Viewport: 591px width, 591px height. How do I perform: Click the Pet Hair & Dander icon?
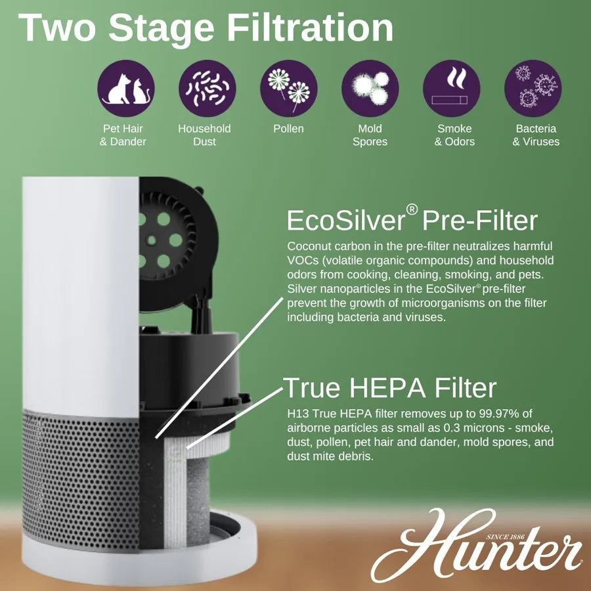coord(126,88)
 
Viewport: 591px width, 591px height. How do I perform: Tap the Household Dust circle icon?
coord(207,88)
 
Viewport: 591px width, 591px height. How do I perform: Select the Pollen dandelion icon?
coord(288,88)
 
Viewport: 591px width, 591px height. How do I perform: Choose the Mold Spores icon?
coord(370,88)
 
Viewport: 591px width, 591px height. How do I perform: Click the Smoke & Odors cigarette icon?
coord(451,88)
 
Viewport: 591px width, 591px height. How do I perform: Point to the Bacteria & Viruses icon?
coord(533,88)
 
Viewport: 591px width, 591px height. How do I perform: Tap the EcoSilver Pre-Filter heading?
coord(412,221)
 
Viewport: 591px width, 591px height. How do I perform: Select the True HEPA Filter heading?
coord(389,387)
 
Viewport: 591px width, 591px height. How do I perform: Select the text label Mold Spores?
coord(370,135)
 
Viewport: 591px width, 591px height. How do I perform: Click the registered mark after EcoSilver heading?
coord(412,209)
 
